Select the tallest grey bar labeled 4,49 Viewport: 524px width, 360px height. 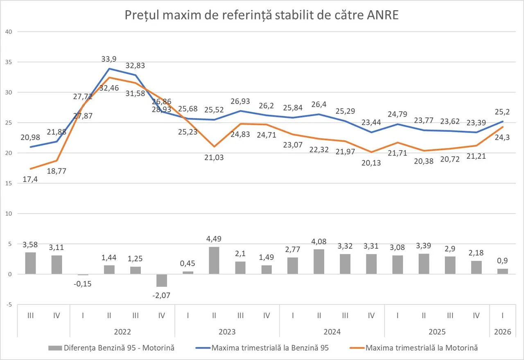(214, 261)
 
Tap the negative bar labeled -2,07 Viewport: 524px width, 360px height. (162, 281)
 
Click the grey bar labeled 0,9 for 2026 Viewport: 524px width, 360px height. (503, 271)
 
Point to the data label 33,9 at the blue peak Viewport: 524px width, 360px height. (109, 60)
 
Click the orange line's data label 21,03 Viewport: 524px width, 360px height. (214, 157)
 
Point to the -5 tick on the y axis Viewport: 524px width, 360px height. (9, 305)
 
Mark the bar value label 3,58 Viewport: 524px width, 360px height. (30, 245)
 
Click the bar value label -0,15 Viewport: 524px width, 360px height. (83, 284)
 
